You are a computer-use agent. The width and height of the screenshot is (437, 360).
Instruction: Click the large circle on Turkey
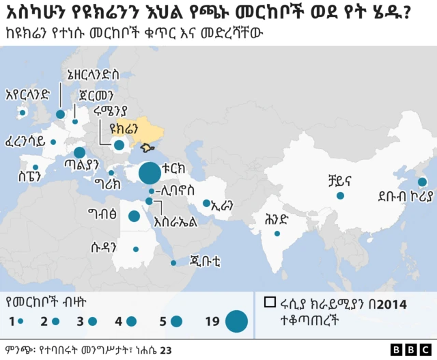[150, 174]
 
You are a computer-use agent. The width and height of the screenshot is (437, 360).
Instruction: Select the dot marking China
[339, 196]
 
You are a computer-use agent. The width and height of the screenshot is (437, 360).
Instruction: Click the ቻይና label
[339, 181]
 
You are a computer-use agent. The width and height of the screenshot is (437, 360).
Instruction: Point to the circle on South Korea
[422, 182]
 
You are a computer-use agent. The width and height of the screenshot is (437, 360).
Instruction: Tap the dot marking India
[277, 234]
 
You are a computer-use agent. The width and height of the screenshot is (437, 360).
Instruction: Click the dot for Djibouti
[173, 263]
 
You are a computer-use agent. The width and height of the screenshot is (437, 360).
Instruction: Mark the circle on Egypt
[135, 217]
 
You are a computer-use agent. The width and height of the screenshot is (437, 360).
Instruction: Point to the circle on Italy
[79, 153]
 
